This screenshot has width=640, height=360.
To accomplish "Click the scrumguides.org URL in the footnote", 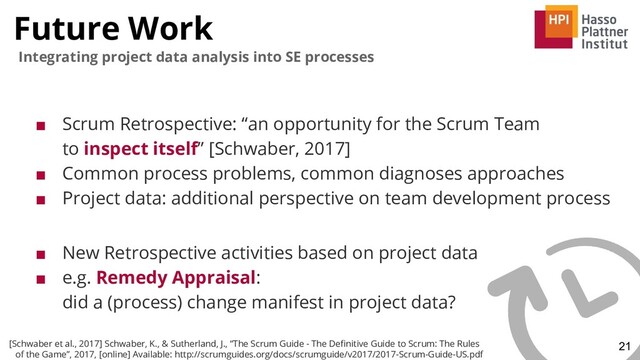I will (330, 353).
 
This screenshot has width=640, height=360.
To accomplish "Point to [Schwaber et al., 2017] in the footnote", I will (55, 341).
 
